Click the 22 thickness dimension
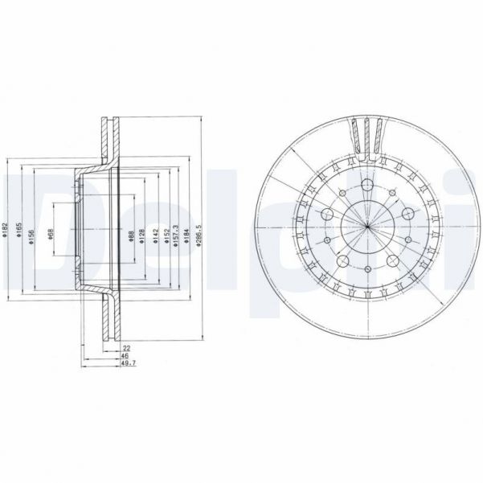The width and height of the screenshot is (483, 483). [x=127, y=348]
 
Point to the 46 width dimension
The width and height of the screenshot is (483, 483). [x=127, y=357]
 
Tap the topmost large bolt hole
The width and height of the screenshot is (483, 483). [x=366, y=187]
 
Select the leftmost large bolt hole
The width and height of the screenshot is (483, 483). [x=328, y=215]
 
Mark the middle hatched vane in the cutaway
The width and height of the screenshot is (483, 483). [x=366, y=133]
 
